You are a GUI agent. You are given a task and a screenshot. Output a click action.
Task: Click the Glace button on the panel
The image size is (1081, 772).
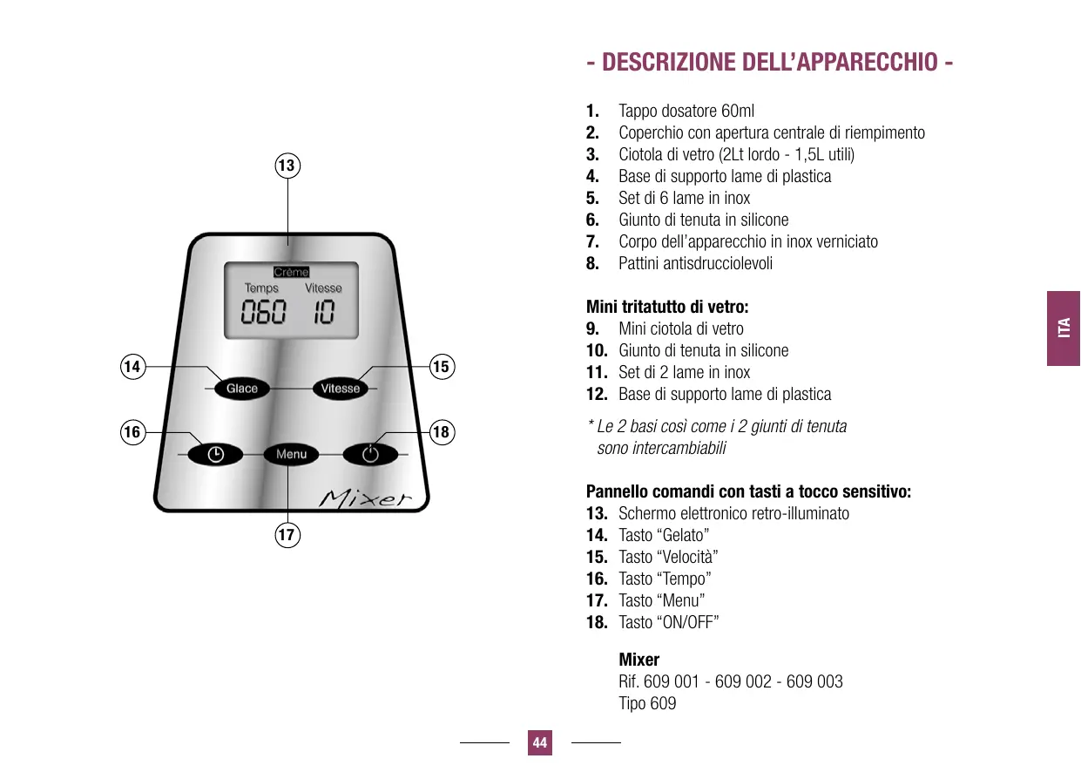(x=242, y=389)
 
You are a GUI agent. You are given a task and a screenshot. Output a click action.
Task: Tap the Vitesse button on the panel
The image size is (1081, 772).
(x=341, y=389)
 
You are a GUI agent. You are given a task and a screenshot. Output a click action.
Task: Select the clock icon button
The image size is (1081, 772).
(x=215, y=454)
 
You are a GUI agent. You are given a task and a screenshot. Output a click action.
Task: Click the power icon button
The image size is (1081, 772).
(x=370, y=454)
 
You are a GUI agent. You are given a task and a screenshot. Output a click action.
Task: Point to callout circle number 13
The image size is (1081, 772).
(x=287, y=165)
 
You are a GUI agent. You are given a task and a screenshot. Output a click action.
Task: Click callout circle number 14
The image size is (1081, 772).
(x=132, y=367)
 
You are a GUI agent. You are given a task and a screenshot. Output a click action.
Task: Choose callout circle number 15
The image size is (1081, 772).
(x=442, y=367)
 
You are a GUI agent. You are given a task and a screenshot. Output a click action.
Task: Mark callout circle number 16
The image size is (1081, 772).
(x=132, y=431)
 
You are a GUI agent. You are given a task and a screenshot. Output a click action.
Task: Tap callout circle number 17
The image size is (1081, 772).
(x=287, y=534)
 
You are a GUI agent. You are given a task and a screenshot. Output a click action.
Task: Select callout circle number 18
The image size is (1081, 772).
(x=442, y=431)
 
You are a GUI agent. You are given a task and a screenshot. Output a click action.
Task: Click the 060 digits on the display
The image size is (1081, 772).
(x=263, y=314)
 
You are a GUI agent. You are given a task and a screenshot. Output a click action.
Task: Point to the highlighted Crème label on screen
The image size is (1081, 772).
(x=291, y=272)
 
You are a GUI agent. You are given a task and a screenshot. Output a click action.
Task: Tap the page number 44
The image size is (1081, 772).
(x=540, y=743)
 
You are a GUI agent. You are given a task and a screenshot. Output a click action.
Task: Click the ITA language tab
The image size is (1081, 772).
(x=1063, y=328)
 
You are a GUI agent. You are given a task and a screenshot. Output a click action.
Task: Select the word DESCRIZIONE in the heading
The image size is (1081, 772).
(x=668, y=63)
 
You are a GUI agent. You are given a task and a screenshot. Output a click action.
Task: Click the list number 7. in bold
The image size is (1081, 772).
(x=592, y=241)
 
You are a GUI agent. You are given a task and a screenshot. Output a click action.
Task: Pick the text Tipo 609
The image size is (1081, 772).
(x=647, y=703)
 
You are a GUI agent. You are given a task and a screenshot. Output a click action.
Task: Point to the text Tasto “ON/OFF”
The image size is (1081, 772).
(x=668, y=622)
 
